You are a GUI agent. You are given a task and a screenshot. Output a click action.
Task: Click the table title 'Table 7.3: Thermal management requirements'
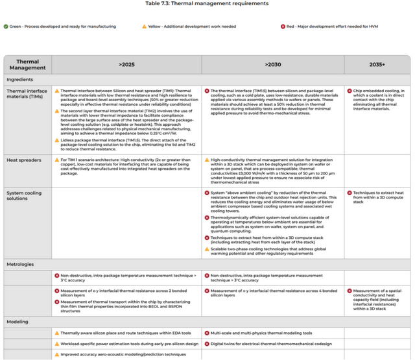pyautogui.click(x=207, y=3)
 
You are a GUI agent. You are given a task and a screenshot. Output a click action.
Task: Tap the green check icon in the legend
pyautogui.click(x=6, y=27)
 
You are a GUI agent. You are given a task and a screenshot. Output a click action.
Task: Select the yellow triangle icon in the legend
pyautogui.click(x=145, y=27)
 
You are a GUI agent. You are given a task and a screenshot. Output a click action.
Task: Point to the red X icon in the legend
pyautogui.click(x=283, y=27)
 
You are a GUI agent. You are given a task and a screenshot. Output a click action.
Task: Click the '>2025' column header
pyautogui.click(x=127, y=65)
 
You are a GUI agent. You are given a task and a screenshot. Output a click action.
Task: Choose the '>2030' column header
pyautogui.click(x=273, y=65)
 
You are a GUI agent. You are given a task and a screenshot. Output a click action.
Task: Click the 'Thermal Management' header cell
pyautogui.click(x=27, y=64)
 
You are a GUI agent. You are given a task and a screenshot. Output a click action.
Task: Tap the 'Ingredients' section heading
pyautogui.click(x=20, y=79)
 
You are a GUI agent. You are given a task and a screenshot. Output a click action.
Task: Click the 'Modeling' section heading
pyautogui.click(x=18, y=322)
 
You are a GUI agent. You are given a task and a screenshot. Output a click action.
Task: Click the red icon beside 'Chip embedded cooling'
pyautogui.click(x=350, y=91)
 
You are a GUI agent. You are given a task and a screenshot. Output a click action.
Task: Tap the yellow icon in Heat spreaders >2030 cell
pyautogui.click(x=207, y=159)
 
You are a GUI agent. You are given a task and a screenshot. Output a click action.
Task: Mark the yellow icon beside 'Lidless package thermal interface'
pyautogui.click(x=57, y=139)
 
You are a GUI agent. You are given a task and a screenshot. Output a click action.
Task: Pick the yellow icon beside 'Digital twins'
pyautogui.click(x=207, y=343)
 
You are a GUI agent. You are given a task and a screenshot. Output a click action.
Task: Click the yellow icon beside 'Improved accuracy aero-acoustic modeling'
pyautogui.click(x=57, y=355)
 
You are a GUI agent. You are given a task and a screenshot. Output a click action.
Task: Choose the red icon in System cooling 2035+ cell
pyautogui.click(x=350, y=193)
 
